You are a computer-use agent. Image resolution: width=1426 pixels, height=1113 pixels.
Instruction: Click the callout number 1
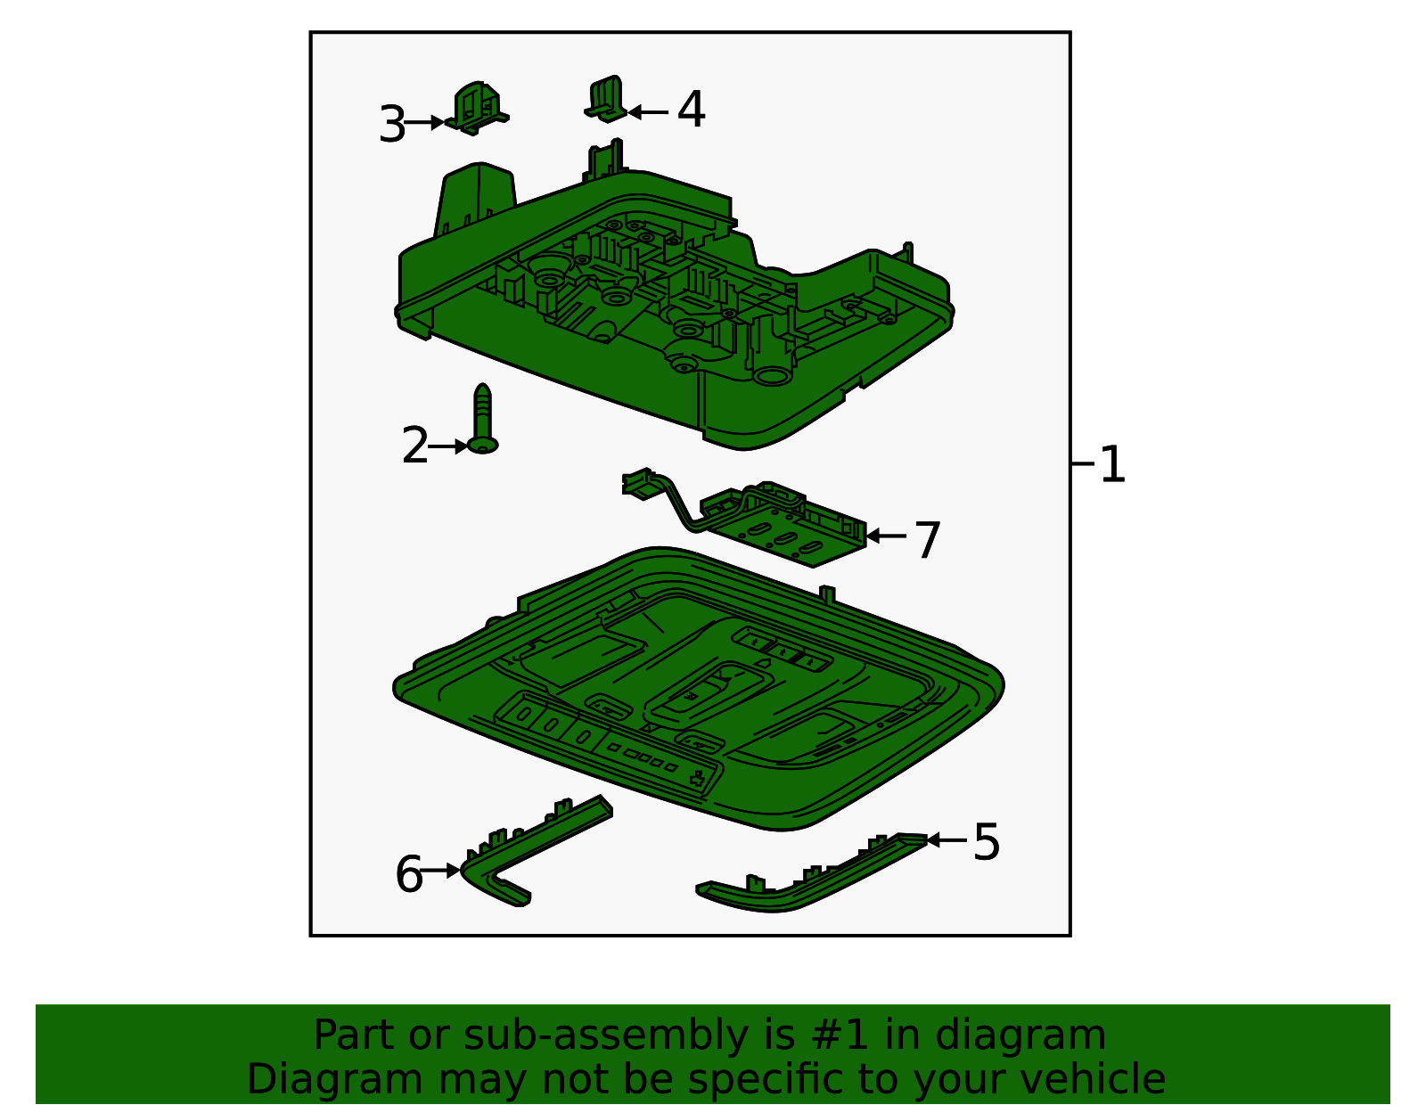tap(1112, 465)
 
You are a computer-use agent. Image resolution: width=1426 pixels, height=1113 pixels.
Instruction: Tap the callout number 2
tap(414, 446)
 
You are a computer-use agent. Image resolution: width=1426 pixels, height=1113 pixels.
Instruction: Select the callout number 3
tap(391, 125)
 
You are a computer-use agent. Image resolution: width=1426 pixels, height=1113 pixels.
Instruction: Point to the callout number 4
tap(691, 110)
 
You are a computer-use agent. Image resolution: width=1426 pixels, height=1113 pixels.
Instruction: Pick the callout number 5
tap(986, 842)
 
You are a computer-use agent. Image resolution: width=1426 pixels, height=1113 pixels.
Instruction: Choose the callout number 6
tap(408, 874)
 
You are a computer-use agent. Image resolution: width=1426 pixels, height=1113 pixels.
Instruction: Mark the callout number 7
tap(928, 541)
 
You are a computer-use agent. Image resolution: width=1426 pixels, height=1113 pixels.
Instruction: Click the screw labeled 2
tap(482, 419)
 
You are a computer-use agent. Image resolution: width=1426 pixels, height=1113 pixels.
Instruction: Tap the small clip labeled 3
tap(477, 109)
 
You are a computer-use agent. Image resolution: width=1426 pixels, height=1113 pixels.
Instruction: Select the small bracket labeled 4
tap(607, 99)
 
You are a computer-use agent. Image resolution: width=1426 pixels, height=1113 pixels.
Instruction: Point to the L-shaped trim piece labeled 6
tap(535, 847)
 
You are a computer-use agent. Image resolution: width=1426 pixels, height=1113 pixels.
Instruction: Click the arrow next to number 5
tap(947, 839)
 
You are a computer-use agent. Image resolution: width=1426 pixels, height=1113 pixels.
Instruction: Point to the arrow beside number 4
tap(648, 112)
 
